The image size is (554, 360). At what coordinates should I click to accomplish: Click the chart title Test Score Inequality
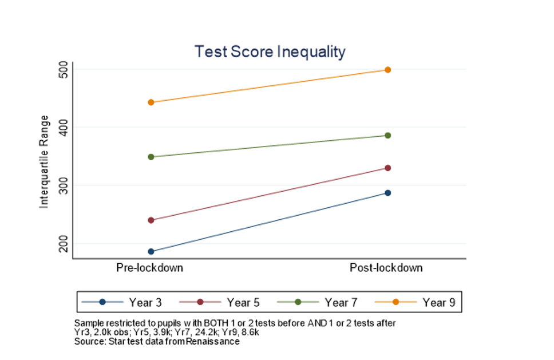270,52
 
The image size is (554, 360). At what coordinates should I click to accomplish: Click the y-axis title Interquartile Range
44,162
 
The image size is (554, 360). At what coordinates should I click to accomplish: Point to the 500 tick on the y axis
62,70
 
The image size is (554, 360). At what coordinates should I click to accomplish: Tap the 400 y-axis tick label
62,127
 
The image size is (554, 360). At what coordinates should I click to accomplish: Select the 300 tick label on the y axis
62,185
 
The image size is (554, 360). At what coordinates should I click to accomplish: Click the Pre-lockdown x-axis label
150,268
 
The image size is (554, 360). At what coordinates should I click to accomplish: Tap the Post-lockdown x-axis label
386,268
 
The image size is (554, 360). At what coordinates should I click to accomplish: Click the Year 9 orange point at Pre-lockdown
151,102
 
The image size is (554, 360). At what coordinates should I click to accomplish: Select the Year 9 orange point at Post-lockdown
387,70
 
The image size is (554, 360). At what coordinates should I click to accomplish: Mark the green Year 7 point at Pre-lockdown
151,157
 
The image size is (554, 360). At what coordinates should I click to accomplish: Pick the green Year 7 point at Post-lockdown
387,136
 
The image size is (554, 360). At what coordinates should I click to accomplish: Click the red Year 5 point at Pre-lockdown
151,220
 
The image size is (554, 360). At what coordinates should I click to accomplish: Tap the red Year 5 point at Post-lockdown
387,168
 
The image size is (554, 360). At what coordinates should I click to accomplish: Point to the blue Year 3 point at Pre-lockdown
151,251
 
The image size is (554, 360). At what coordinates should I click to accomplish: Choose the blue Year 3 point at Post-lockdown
387,193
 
